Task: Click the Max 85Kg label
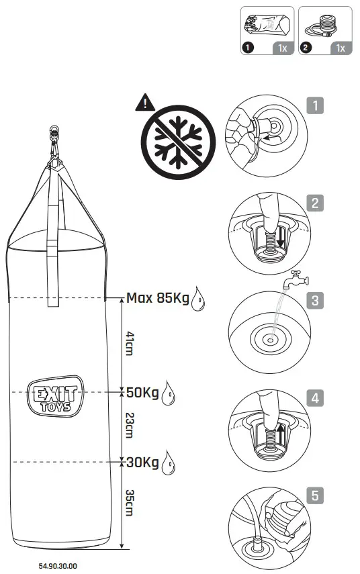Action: [x=157, y=297]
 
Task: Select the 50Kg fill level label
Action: [x=142, y=391]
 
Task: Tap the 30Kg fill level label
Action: [x=142, y=462]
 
